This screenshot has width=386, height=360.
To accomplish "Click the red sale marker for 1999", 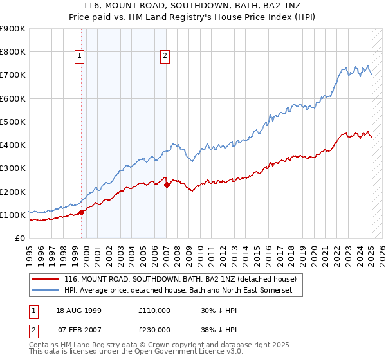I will [x=82, y=212].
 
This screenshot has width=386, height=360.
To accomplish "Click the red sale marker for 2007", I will [x=167, y=184].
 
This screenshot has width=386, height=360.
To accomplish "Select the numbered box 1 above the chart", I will [x=79, y=56].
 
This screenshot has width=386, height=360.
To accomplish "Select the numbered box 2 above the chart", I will [x=165, y=56].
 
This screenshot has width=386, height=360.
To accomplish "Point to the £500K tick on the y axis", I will [x=14, y=122].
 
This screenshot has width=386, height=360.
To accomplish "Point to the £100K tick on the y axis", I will [x=14, y=215].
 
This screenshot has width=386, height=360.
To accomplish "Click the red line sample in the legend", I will [x=45, y=280].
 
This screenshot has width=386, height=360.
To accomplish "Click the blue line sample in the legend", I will [x=45, y=291].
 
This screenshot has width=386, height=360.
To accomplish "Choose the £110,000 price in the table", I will [x=154, y=310].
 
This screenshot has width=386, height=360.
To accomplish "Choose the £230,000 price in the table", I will [x=154, y=329].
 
